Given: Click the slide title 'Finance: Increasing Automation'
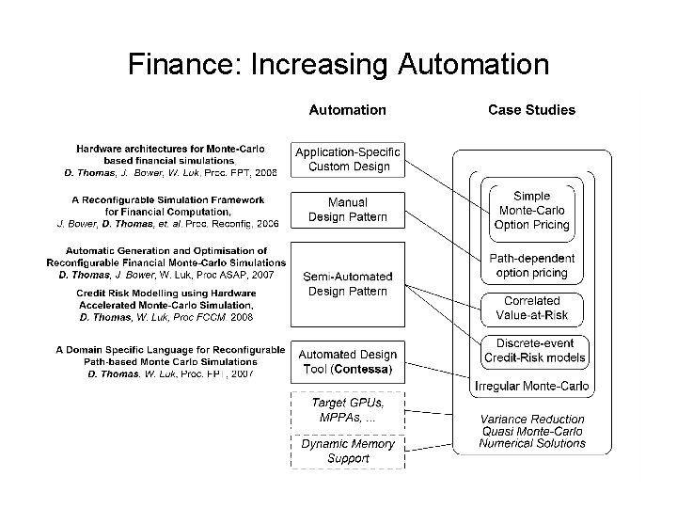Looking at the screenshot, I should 338,64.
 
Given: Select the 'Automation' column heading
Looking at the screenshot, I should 347,110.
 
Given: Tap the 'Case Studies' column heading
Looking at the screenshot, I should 531,110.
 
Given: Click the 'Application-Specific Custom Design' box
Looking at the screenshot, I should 347,160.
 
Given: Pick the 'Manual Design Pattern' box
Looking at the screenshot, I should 347,210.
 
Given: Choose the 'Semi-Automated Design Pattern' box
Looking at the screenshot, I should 347,284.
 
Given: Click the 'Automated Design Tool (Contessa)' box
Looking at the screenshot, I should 347,362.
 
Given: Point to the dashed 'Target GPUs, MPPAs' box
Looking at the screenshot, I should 347,409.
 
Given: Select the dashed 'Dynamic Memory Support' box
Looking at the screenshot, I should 347,451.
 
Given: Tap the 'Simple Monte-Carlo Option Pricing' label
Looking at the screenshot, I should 531,211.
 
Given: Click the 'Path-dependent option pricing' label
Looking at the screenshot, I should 531,265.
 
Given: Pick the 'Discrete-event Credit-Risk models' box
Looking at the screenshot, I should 533,350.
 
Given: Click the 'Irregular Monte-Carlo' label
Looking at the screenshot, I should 533,386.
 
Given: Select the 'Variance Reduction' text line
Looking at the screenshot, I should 531,420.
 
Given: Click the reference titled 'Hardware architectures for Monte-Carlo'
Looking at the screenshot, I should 170,149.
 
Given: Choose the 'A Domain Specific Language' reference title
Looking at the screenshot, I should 170,350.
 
